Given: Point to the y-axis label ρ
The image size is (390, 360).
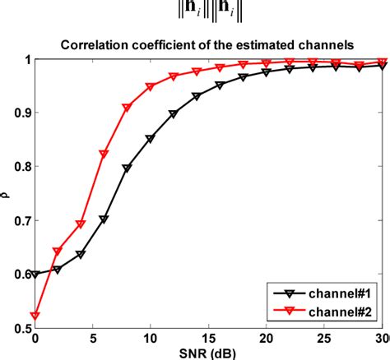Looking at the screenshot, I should pos(8,194).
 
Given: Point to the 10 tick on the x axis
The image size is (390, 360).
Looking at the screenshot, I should pos(150,339).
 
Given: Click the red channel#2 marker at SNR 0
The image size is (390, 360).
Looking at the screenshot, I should pos(35,316).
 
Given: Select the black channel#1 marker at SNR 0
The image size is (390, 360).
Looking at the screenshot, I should pos(35,275).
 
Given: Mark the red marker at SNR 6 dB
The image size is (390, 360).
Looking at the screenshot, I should pos(104,154).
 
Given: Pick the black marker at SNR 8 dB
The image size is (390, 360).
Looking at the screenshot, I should pos(127,168).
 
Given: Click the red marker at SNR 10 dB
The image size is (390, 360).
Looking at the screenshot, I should pos(150,86).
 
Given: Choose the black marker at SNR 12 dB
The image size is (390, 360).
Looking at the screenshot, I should pos(173,113).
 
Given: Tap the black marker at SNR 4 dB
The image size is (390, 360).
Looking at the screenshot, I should pos(81,254).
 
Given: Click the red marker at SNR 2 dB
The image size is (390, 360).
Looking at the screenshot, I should pos(58,251).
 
